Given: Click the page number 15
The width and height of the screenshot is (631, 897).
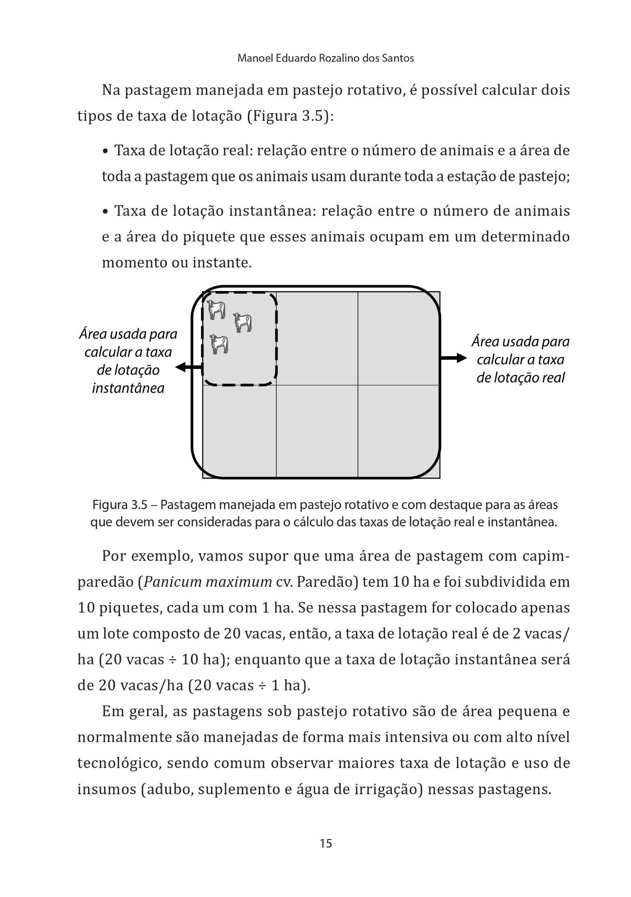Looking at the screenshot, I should pos(326,843).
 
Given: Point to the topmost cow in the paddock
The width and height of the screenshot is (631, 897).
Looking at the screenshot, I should pos(217,309).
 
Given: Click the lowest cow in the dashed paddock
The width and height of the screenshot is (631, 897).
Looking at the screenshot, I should pos(219,344).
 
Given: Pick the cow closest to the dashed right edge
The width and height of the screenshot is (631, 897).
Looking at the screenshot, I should pos(243,322).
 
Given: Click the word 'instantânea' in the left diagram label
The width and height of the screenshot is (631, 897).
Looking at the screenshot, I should pos(128,388).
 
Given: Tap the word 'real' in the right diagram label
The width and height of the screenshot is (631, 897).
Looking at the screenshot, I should pos(553,377).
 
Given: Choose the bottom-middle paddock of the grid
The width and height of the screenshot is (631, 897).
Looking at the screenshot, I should pos(317,431).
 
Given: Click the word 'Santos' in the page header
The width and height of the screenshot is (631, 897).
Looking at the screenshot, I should pos(398,58).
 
